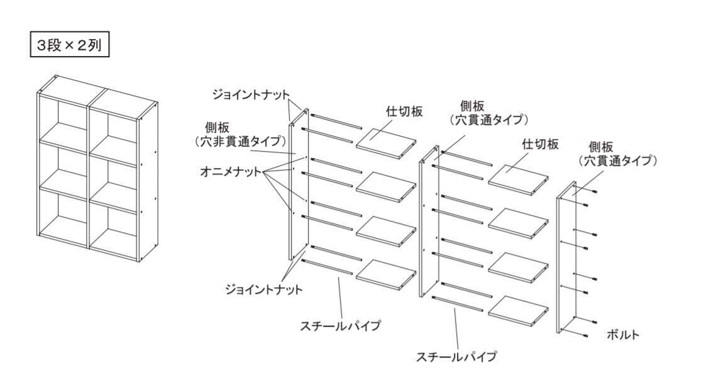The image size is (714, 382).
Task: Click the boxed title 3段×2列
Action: pyautogui.click(x=70, y=46)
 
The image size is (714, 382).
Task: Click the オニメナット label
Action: pyautogui.click(x=231, y=172)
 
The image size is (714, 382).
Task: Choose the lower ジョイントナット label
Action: pyautogui.click(x=264, y=289)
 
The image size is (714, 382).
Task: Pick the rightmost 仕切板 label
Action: pyautogui.click(x=540, y=144)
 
